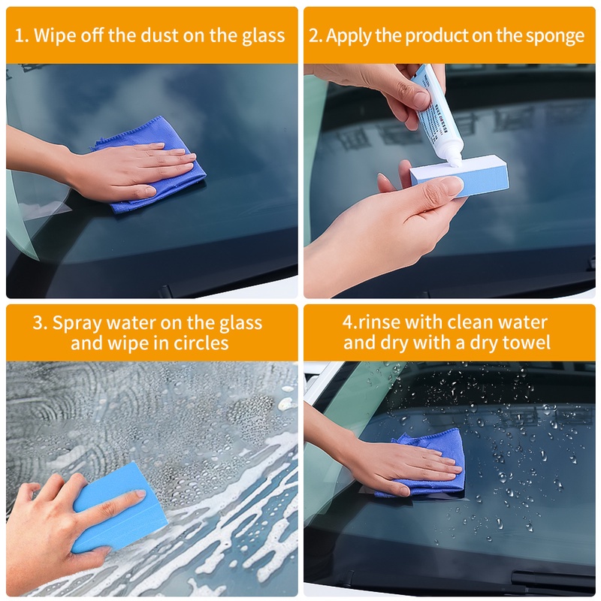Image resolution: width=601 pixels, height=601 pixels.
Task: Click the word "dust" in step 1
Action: (160, 35)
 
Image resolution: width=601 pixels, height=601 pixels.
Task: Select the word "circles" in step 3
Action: (201, 343)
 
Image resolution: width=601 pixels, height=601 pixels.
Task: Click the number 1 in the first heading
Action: (18, 36)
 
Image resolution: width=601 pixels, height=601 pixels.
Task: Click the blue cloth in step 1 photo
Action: (153, 164)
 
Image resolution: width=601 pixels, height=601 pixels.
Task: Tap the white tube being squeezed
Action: (437, 115)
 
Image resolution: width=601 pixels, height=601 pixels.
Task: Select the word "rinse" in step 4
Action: (379, 322)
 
